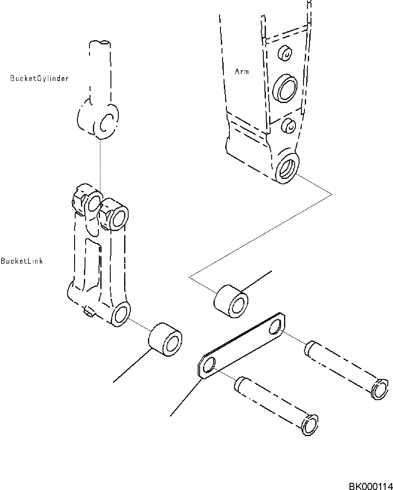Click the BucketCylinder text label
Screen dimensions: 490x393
click(x=39, y=78)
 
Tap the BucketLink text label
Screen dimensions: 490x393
click(x=22, y=261)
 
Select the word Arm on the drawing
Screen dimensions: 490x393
click(x=241, y=71)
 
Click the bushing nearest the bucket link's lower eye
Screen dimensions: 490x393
click(x=166, y=339)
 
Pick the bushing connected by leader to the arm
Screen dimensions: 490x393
click(x=231, y=301)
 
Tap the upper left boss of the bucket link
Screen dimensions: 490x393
click(x=93, y=201)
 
